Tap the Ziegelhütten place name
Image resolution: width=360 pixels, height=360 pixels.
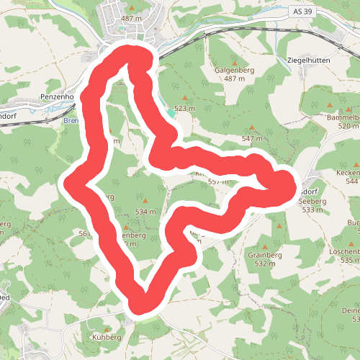coord(308,60)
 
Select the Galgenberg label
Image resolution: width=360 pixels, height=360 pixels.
coord(235,70)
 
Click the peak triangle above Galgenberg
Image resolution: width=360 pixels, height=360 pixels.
coord(234,60)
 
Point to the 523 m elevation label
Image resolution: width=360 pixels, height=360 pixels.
coord(185,108)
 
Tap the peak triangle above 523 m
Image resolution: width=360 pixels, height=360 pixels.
coord(185,98)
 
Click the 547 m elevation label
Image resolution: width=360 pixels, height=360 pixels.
coord(253,138)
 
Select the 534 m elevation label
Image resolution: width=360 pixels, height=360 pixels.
coord(145,212)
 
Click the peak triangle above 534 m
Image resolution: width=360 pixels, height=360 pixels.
coord(145,202)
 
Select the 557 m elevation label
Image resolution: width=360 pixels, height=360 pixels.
coord(218,182)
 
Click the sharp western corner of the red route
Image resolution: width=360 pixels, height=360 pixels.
coord(72,182)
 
